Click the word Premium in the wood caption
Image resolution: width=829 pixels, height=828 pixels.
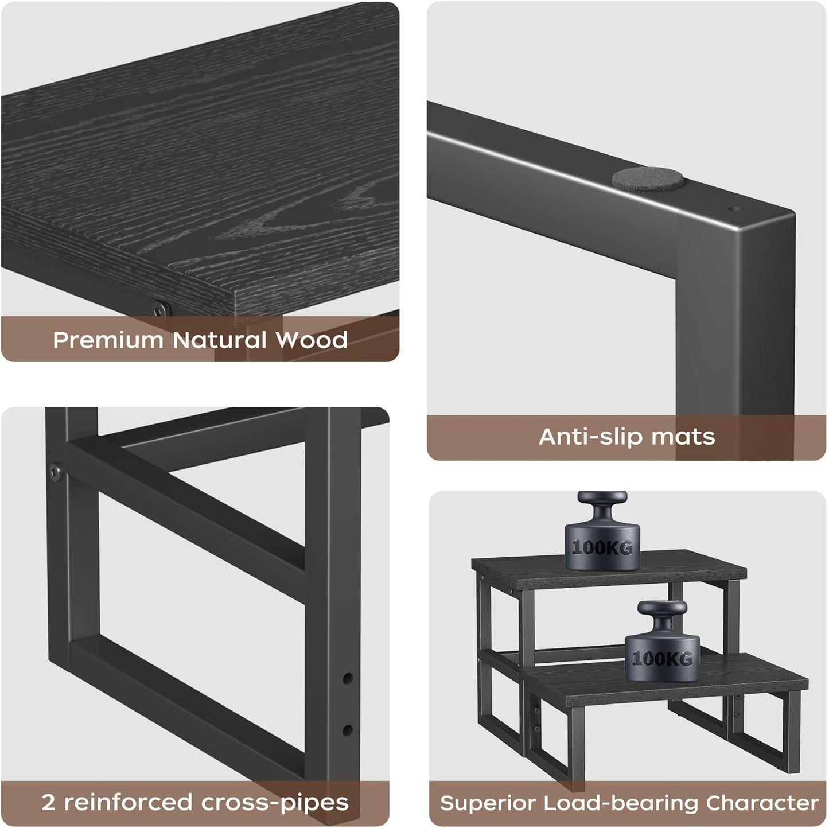108,340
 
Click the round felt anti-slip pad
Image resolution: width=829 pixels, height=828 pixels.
647,179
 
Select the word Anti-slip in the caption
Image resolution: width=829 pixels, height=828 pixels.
590,437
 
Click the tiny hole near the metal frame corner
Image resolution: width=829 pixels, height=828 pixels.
730,209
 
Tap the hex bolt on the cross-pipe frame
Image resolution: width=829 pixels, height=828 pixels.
55,472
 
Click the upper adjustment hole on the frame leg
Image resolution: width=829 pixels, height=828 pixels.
348,678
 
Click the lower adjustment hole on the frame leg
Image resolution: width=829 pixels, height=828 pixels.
347,730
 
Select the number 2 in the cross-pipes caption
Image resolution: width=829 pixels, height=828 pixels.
48,802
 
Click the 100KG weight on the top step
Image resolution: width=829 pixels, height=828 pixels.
602,545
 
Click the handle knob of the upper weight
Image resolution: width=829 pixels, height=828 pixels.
602,498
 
